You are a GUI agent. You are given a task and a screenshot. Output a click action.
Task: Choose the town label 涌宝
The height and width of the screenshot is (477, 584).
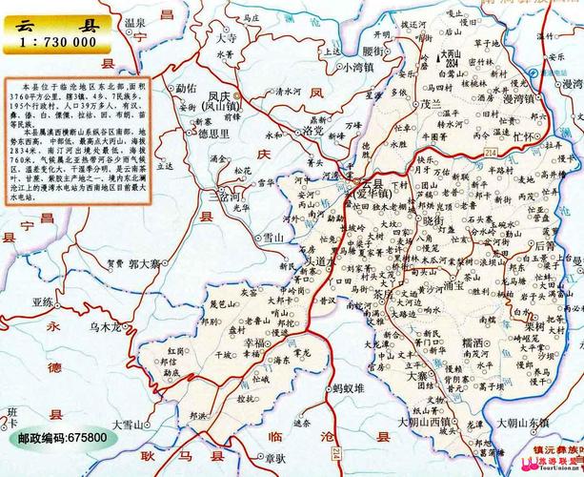pos(453,281)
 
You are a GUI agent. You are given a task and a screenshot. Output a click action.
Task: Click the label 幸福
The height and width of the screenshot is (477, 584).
pos(257,340)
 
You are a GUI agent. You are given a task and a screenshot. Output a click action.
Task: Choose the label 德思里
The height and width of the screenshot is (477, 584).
pos(216,135)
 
